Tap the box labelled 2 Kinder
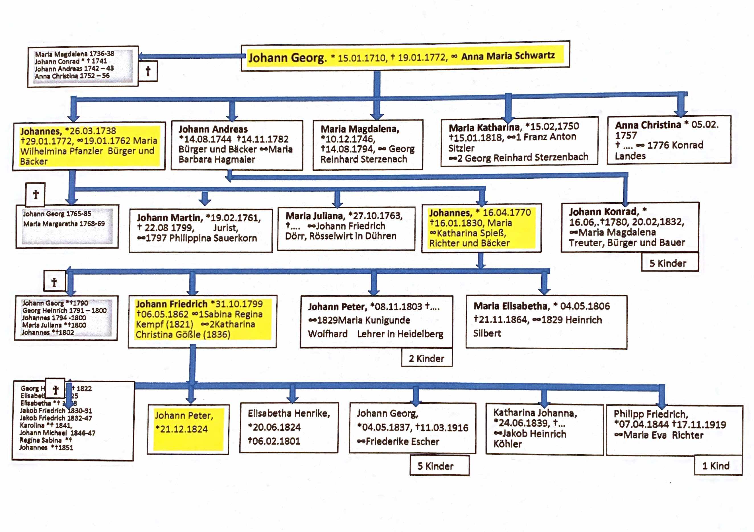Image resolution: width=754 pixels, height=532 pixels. point(426,358)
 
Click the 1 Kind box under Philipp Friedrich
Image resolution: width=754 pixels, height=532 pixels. point(716,466)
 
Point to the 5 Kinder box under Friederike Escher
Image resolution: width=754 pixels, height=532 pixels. point(435,466)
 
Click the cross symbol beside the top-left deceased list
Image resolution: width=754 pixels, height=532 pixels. point(148,71)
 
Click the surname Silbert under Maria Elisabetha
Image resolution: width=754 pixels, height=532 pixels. point(487,333)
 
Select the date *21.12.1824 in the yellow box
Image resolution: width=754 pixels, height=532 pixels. point(181,429)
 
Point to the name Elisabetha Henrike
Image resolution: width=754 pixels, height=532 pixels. point(289,413)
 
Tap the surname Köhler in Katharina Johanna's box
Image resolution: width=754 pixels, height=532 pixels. point(508,444)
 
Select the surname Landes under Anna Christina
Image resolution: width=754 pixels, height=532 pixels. point(630,156)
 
